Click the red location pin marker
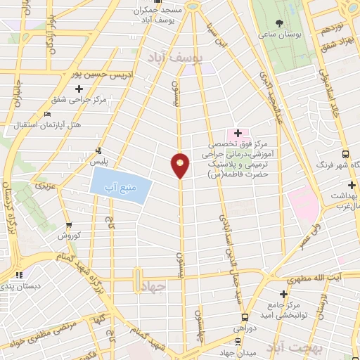[x=181, y=165]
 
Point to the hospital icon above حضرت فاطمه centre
[x=238, y=132]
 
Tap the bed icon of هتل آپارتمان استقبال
[x=47, y=115]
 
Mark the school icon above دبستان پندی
[x=20, y=276]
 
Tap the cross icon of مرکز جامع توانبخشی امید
[x=283, y=293]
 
